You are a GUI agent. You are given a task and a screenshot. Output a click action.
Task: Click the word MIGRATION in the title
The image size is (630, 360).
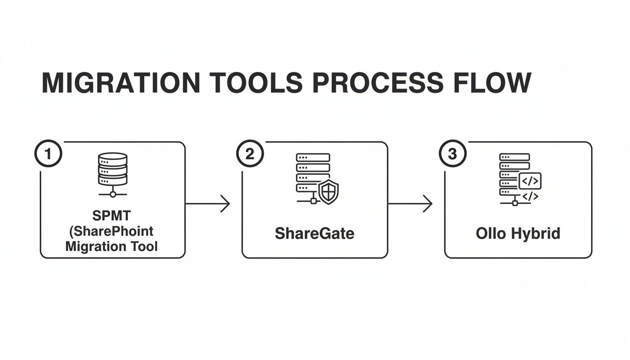[x=121, y=83]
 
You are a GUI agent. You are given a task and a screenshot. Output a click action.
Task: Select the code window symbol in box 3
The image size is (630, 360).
[x=530, y=180]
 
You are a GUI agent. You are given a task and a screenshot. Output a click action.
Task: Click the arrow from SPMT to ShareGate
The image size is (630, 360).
[x=207, y=204]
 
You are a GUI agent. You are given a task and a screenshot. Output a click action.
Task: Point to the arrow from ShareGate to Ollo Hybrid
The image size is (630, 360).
[x=410, y=204]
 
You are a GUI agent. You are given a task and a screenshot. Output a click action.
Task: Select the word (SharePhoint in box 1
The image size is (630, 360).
[x=112, y=232]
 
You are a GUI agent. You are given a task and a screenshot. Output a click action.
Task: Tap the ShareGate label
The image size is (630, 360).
[x=315, y=233]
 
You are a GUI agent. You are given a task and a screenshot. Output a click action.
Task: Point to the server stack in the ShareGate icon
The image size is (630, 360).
[x=313, y=173]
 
